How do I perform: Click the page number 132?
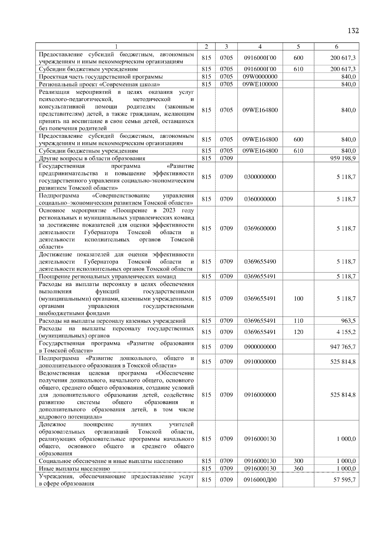coord(353,31)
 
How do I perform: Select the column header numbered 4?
coord(260,47)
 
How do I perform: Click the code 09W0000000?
coord(260,77)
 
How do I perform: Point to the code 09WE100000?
coord(260,84)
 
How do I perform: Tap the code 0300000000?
coord(260,177)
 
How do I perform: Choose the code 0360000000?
coord(260,199)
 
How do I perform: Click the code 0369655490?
coord(260,262)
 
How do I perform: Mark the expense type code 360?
coord(298,469)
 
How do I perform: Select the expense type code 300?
coord(298,461)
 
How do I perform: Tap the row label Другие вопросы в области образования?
coord(92,159)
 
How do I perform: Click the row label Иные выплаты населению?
coord(74,469)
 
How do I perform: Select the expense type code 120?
coord(298,332)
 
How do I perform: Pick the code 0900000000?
coord(260,347)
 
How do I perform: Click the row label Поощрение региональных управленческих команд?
coord(107,277)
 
